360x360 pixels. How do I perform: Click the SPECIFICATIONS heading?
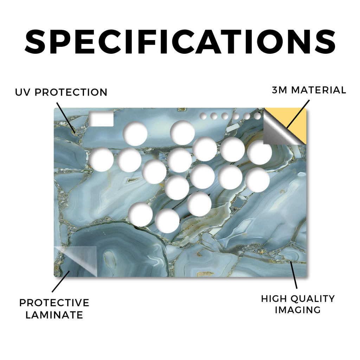(180, 41)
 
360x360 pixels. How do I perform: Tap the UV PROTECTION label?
(61, 92)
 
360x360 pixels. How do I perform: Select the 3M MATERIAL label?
(309, 90)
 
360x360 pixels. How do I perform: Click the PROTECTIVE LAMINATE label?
(54, 309)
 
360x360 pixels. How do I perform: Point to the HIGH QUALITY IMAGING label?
(298, 304)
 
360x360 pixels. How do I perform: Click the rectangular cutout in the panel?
(101, 119)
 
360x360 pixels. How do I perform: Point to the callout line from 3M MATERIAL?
(298, 114)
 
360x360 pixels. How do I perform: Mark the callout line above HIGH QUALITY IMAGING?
(294, 275)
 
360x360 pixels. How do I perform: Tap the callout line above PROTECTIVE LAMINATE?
(61, 282)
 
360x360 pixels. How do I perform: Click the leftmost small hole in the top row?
(203, 116)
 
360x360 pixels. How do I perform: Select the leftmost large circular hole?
(101, 159)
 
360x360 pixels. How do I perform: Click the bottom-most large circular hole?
(167, 221)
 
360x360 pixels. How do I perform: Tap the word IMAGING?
(298, 310)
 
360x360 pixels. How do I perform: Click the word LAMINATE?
(54, 315)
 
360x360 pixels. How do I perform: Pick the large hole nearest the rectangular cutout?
(135, 134)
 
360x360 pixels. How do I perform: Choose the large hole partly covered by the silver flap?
(260, 153)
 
